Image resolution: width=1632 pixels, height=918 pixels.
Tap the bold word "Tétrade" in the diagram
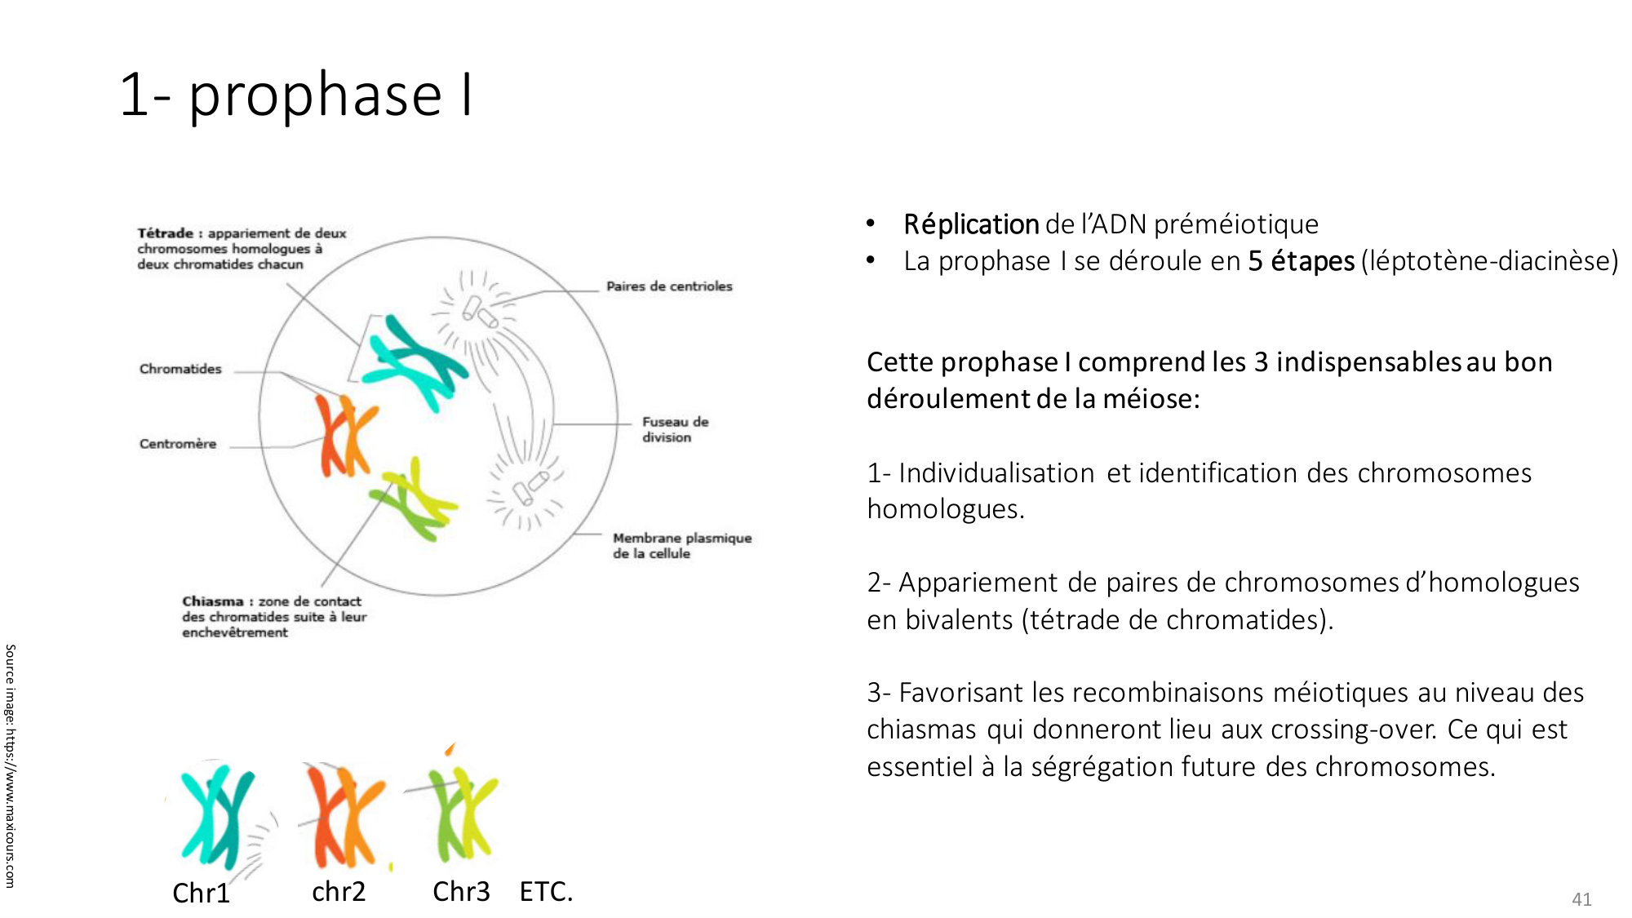point(165,233)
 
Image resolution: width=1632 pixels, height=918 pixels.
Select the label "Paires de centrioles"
point(669,286)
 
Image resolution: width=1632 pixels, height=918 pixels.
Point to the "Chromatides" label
point(180,369)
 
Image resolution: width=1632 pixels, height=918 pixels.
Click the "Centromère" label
point(178,444)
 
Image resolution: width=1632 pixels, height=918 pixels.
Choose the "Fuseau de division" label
point(675,429)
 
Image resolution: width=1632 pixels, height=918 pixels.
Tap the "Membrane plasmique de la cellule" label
point(682,545)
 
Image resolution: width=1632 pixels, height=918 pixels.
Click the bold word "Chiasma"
point(213,601)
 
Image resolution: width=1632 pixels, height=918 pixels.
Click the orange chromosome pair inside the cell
point(347,436)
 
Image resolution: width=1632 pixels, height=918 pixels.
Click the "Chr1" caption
point(201,893)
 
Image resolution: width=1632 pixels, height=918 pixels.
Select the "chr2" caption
point(339,891)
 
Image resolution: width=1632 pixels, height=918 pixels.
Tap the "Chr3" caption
point(461,891)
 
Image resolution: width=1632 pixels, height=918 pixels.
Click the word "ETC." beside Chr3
point(546,891)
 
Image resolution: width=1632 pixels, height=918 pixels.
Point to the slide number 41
point(1581,899)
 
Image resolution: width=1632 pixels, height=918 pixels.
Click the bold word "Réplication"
point(971,224)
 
